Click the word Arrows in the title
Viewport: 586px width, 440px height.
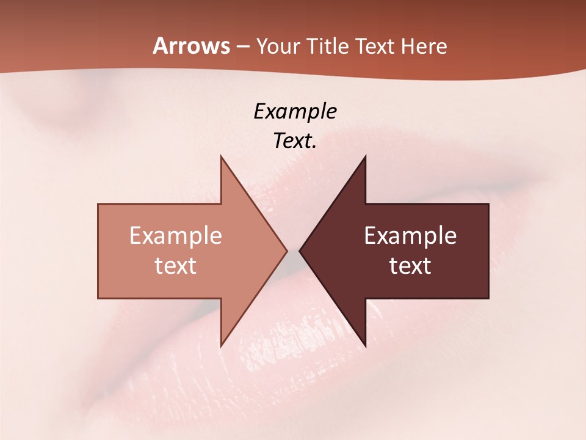point(191,46)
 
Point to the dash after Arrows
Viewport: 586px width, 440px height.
point(242,47)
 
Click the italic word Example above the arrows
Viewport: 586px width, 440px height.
point(295,112)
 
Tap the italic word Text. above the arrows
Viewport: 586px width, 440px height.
point(295,141)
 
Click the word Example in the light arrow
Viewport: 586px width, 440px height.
point(176,236)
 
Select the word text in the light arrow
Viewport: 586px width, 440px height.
point(176,265)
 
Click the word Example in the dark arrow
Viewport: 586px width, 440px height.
point(410,236)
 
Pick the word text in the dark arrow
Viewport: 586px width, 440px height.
point(410,265)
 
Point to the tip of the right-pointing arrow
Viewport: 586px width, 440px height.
point(287,251)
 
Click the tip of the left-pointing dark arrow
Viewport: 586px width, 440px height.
point(300,251)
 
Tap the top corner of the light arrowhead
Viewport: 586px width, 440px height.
point(221,156)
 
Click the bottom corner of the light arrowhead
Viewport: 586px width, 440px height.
point(221,346)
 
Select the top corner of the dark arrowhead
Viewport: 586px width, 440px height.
point(365,156)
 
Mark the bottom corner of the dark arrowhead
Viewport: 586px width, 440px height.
point(365,346)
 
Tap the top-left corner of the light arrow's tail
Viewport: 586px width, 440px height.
point(98,204)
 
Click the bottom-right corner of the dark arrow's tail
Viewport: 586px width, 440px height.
point(488,298)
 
